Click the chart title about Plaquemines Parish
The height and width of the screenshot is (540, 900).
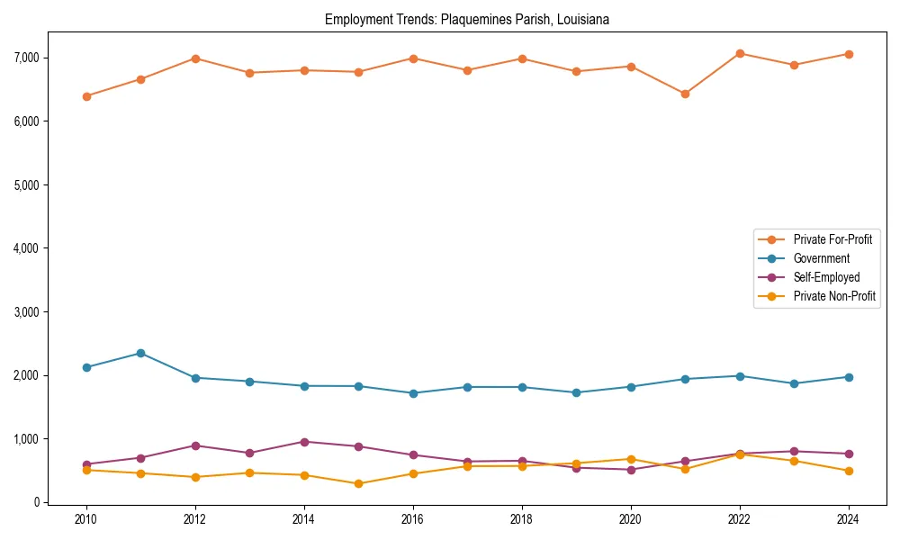tap(467, 20)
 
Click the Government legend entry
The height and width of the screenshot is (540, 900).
tap(821, 258)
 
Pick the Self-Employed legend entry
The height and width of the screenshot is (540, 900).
tap(826, 277)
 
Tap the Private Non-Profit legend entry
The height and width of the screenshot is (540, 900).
tap(834, 296)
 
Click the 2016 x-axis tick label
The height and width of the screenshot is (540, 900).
tap(413, 519)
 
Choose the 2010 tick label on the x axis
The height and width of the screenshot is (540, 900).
tap(86, 519)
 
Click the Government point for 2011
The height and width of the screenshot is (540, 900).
tap(140, 353)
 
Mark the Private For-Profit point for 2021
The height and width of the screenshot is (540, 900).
tap(685, 94)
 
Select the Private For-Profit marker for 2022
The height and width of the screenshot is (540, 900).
tap(740, 53)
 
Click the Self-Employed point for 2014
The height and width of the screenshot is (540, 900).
tap(304, 442)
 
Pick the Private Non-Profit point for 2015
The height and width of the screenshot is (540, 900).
tap(358, 483)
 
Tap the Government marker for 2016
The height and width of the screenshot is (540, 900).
tap(413, 393)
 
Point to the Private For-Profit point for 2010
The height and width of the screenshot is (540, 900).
tap(86, 96)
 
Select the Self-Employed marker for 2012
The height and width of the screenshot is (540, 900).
tap(195, 445)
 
